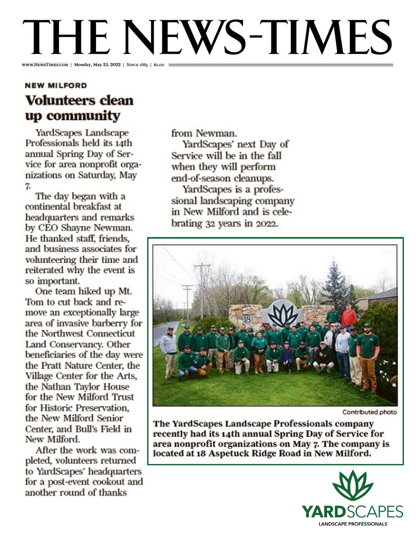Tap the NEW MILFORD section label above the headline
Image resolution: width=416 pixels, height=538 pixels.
coord(56,86)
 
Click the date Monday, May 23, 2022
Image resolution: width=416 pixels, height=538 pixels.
coord(98,65)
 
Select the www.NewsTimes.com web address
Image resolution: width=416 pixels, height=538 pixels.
coord(45,65)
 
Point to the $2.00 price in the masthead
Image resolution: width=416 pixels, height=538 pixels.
coord(159,65)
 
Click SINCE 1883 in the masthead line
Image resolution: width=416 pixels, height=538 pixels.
coord(137,65)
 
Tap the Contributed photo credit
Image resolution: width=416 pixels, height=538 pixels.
coord(369,412)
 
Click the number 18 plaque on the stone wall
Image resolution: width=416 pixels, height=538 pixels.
coord(247,319)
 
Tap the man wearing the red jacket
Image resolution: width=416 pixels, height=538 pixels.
coord(349,316)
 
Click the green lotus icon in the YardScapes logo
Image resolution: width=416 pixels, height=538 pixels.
coord(352,486)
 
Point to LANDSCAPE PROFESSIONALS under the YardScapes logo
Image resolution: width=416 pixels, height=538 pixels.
coord(353,524)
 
